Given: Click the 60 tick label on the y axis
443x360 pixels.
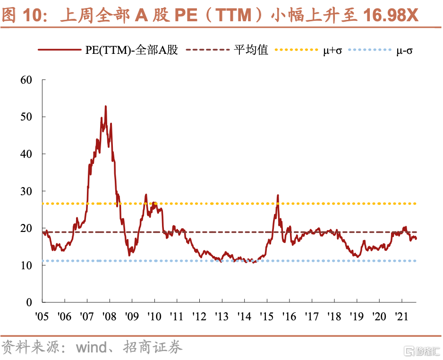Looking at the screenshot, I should click(26, 79).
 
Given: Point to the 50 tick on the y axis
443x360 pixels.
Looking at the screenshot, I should click(26, 117).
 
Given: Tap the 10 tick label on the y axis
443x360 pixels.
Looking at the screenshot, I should click(26, 266).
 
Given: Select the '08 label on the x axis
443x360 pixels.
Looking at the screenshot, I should click(109, 316).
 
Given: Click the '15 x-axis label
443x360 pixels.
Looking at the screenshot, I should click(266, 316).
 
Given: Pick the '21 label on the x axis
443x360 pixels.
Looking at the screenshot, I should click(401, 316).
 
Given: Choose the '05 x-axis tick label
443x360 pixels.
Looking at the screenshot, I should click(42, 316).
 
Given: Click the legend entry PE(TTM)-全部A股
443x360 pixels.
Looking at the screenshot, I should click(132, 50).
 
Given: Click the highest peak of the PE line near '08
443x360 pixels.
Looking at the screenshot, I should click(105, 107).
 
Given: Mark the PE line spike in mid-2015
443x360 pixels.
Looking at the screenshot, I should click(278, 195).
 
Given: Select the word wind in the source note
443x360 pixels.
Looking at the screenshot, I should click(92, 348).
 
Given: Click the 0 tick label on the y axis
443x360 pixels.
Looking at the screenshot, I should click(29, 302).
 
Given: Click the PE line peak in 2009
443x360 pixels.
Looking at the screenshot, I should click(146, 195).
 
